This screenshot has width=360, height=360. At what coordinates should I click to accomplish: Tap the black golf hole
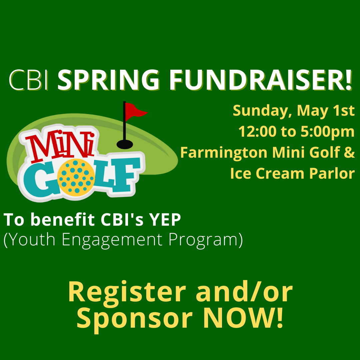click(125, 144)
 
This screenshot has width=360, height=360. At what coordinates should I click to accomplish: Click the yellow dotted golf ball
click(76, 176)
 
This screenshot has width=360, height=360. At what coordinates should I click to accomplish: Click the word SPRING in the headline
click(108, 80)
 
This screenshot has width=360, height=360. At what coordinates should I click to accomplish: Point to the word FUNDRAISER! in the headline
click(260, 80)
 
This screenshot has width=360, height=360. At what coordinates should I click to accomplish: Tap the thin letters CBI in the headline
click(29, 80)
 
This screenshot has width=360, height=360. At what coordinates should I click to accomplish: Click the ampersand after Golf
click(350, 152)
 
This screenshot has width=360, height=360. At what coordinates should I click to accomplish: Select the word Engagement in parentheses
click(112, 240)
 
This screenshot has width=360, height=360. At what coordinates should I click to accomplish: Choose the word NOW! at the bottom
click(243, 318)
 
